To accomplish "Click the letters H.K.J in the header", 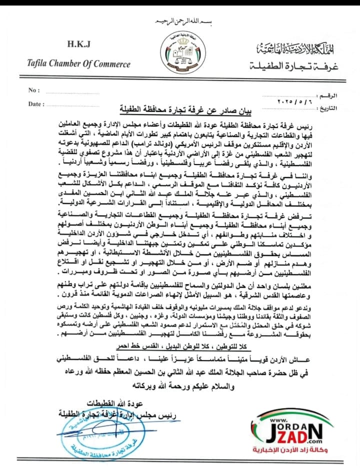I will point(78,44).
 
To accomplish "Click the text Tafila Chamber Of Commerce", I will point(78,63).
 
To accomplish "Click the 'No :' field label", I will point(34,90).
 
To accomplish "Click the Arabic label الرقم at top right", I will point(331,94).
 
